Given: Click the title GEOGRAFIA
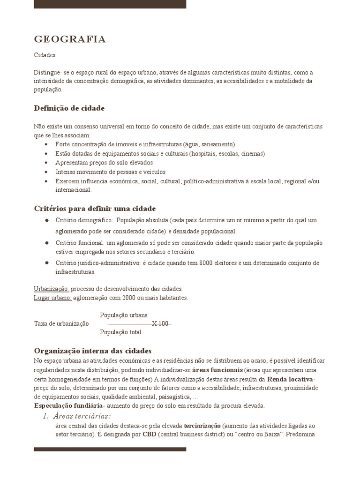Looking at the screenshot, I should point(70,39).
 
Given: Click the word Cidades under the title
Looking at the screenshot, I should point(45,55).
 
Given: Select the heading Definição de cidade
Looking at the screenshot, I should point(69,108).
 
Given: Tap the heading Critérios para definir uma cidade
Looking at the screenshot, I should point(95,208).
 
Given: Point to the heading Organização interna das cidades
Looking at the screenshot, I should point(93,351).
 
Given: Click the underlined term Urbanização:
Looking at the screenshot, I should point(52,288).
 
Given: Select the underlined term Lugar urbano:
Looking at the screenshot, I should point(52,298).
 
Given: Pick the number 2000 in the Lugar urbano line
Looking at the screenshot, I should point(130,298).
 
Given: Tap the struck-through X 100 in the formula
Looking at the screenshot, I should point(160,323).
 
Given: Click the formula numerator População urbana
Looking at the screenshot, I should point(124,315).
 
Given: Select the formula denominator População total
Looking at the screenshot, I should point(120,332).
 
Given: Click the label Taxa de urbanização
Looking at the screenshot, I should point(61,323).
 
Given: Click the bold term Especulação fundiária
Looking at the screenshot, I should point(68,405).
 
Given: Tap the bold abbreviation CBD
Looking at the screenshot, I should point(149,434).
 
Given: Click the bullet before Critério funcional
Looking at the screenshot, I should point(47,243).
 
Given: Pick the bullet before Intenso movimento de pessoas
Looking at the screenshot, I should point(46,172).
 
